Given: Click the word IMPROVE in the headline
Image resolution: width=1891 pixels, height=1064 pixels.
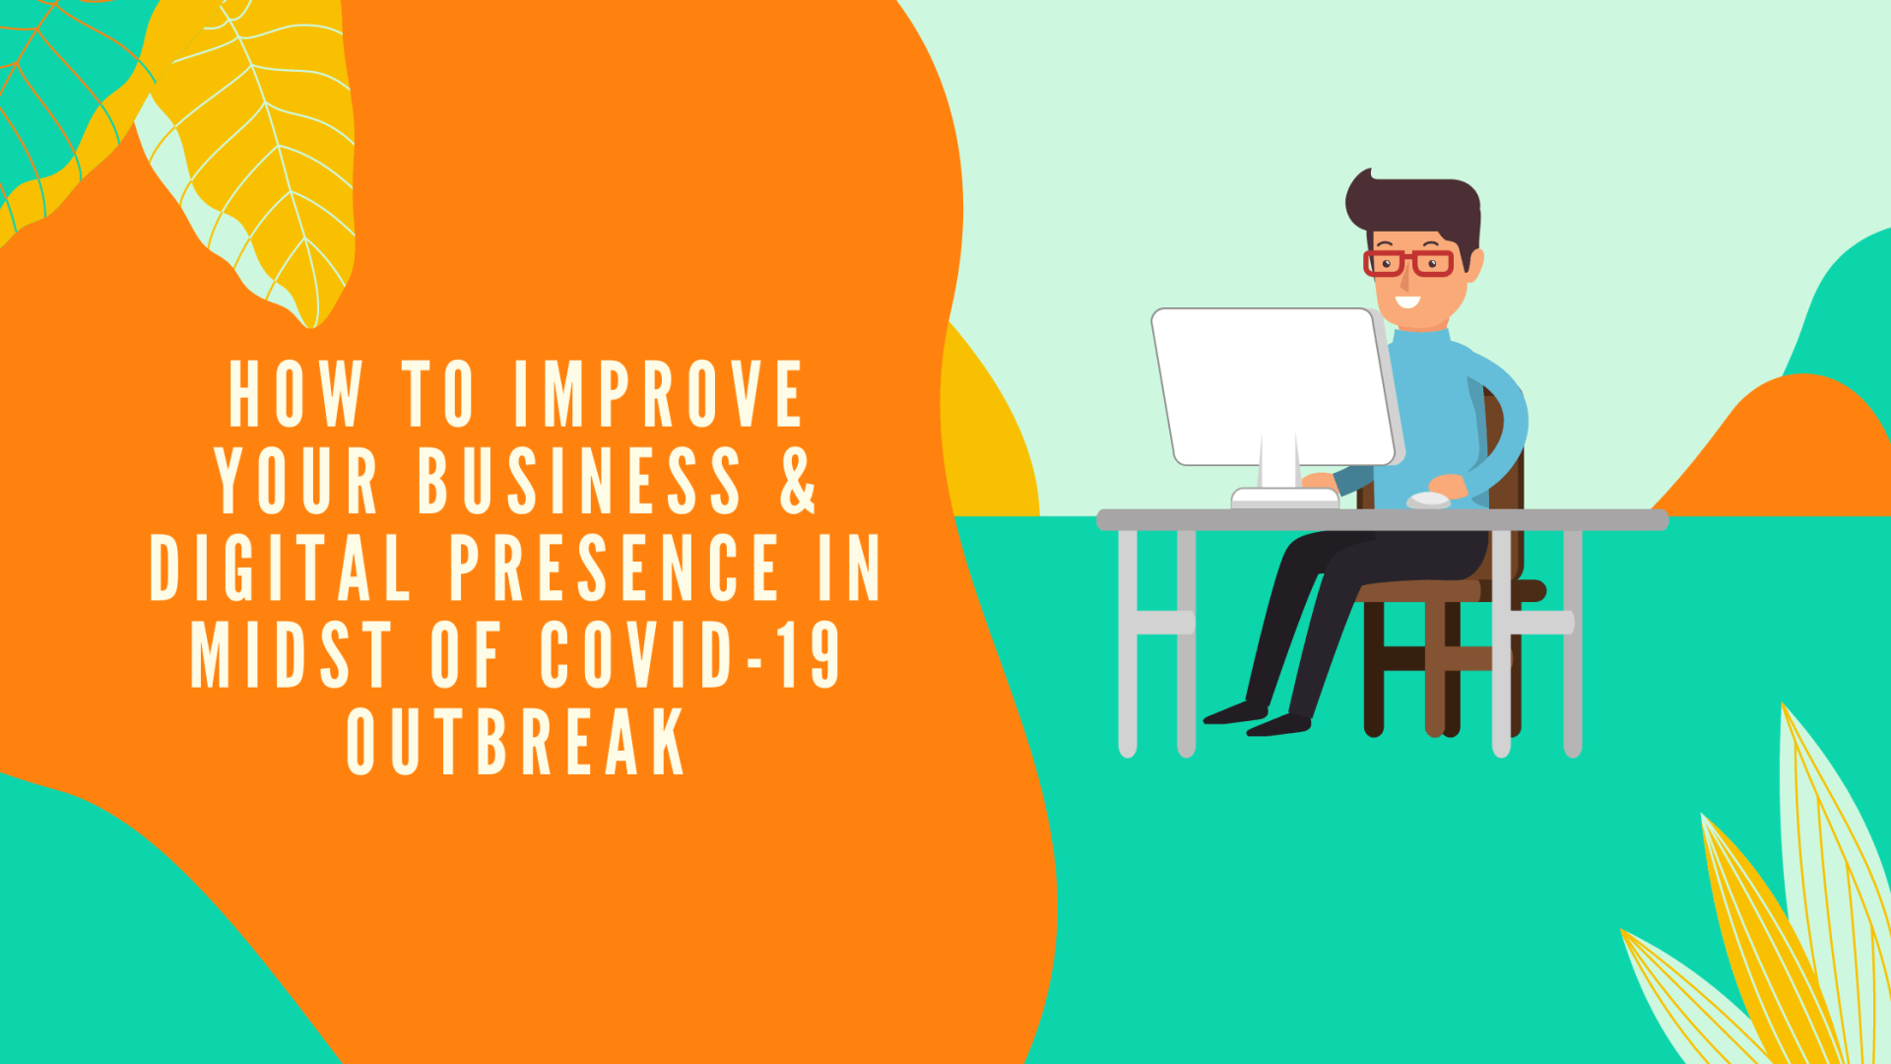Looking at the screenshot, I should tap(658, 394).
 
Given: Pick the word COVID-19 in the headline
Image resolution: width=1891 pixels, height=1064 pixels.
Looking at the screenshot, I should tap(689, 654).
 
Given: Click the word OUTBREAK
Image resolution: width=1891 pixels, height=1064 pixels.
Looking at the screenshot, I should tap(516, 741).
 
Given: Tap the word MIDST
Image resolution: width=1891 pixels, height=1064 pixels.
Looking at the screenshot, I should tap(292, 654).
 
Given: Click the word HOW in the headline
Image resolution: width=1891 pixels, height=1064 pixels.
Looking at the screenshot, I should tap(295, 394).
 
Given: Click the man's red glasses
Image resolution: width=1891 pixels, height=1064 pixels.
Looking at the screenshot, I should tap(1408, 263).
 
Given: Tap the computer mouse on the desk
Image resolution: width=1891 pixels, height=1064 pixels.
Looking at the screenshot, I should tap(1428, 500).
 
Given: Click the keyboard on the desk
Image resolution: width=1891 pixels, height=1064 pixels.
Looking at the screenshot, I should tap(1285, 499).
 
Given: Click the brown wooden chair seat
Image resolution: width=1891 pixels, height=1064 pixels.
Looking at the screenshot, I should tap(1418, 590).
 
